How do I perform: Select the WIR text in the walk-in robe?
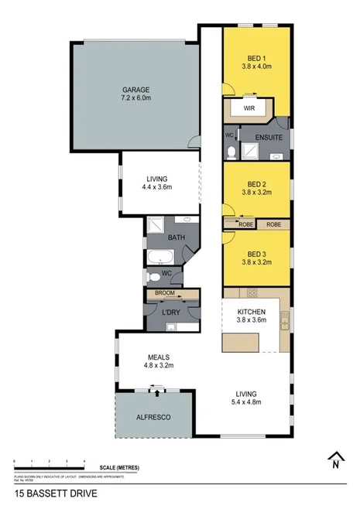(x=249, y=109)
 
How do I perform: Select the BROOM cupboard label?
(x=164, y=293)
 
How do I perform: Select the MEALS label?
(x=159, y=357)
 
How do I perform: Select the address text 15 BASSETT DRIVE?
(x=56, y=492)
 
